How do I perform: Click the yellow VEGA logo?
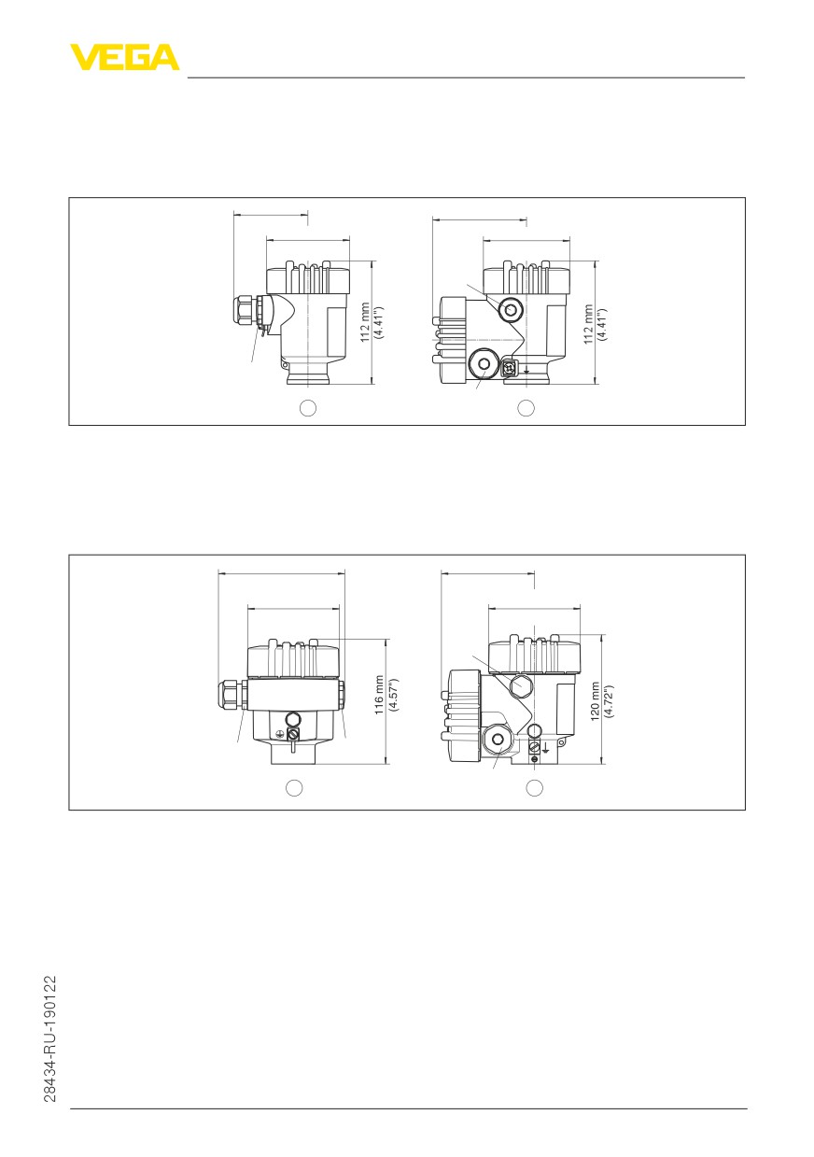pyautogui.click(x=124, y=57)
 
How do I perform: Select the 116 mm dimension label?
pyautogui.click(x=379, y=695)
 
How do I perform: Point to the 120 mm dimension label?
pyautogui.click(x=595, y=701)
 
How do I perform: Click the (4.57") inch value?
pyautogui.click(x=393, y=695)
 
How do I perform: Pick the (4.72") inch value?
pyautogui.click(x=609, y=701)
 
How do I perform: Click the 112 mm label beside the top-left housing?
pyautogui.click(x=365, y=322)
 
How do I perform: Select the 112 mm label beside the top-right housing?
pyautogui.click(x=588, y=324)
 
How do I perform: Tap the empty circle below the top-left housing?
pyautogui.click(x=308, y=408)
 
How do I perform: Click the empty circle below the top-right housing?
pyautogui.click(x=526, y=408)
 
